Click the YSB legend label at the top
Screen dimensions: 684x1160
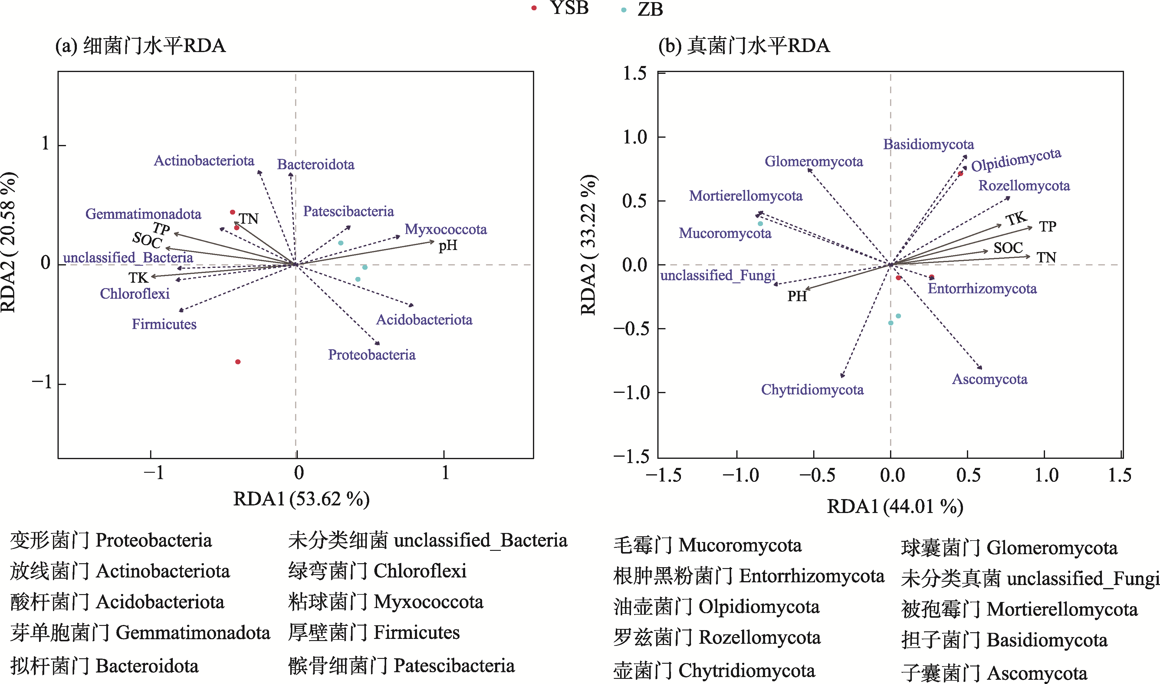tap(569, 8)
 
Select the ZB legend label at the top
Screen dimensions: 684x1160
tap(650, 9)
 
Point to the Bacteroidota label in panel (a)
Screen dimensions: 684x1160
tap(316, 165)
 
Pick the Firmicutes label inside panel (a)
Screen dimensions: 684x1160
tap(164, 324)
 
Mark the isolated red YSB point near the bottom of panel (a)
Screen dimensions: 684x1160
tap(238, 362)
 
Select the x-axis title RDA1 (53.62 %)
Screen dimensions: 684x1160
tap(301, 499)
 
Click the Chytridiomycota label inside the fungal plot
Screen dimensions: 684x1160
tap(812, 390)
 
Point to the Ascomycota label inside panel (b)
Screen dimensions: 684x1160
tap(990, 379)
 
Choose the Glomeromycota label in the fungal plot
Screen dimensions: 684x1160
tap(813, 161)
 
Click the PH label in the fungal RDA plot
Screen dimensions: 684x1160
tap(797, 296)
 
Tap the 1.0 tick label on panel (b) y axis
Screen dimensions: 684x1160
tap(635, 137)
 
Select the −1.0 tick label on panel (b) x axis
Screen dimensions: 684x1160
tap(741, 475)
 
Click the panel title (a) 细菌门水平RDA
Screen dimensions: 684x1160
tap(140, 46)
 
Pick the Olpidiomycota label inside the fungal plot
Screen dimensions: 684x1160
tap(1016, 159)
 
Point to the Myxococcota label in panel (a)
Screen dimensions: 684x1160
tap(446, 229)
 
